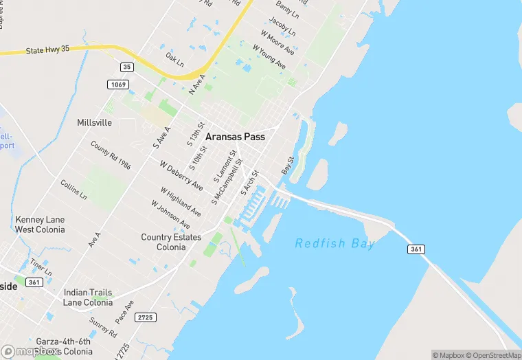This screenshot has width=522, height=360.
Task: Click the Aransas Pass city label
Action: point(235,137)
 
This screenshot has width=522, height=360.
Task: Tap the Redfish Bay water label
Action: point(335,243)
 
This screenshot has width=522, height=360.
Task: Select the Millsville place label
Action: point(95,123)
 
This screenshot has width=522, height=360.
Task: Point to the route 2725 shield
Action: point(146,317)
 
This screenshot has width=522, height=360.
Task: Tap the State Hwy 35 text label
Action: point(48,50)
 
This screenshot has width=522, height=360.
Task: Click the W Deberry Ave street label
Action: point(181,176)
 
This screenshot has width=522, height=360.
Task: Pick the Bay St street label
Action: point(287,166)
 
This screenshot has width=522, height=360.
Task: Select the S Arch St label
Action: point(249,183)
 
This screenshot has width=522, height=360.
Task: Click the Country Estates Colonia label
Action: point(171,242)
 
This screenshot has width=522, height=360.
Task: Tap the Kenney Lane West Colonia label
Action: point(40,224)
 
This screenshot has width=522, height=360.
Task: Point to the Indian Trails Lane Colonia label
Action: point(87,297)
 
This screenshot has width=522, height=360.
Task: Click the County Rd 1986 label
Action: point(111,155)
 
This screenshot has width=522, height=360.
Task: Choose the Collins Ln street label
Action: point(73,190)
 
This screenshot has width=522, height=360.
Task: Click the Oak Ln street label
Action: point(175,61)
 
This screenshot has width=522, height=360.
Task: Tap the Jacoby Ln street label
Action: point(282,27)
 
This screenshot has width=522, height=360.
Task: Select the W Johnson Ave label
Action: point(170,214)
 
